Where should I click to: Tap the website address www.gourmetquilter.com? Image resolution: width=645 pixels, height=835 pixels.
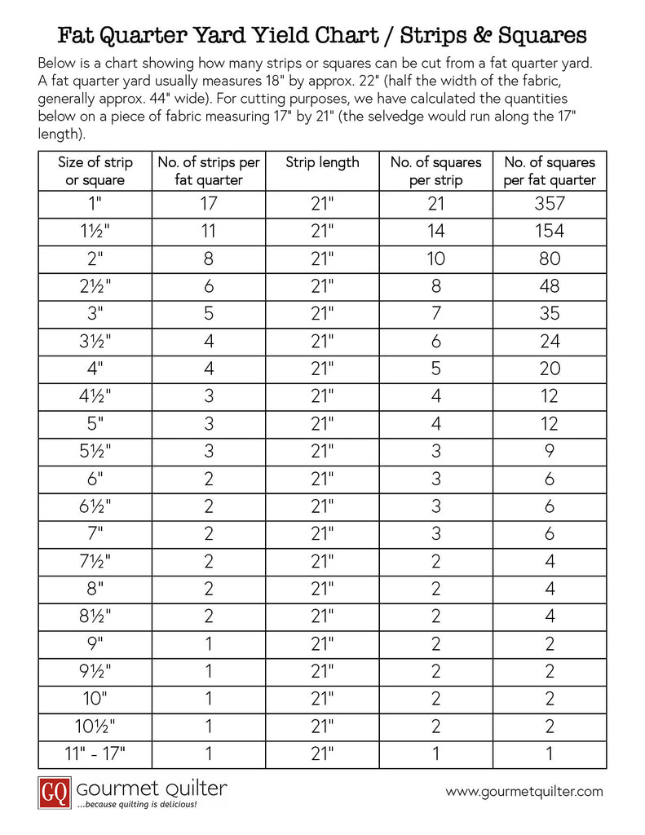pyautogui.click(x=524, y=791)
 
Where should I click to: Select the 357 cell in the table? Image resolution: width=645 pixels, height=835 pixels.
pyautogui.click(x=550, y=203)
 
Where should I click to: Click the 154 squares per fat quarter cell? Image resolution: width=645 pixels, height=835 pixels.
pyautogui.click(x=550, y=231)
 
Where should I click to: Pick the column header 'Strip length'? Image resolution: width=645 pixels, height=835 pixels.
pyautogui.click(x=322, y=162)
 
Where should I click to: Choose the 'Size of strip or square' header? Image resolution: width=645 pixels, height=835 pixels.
pyautogui.click(x=95, y=171)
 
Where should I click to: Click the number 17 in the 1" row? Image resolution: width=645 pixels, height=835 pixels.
pyautogui.click(x=208, y=203)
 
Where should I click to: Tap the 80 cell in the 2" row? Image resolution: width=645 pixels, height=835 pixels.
pyautogui.click(x=550, y=258)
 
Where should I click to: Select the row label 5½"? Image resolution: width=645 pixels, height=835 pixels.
pyautogui.click(x=95, y=451)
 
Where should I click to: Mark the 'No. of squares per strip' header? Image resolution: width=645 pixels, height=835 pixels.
pyautogui.click(x=435, y=171)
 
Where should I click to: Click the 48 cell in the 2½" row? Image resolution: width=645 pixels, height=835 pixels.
pyautogui.click(x=550, y=286)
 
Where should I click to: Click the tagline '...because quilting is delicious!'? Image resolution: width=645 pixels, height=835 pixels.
pyautogui.click(x=136, y=804)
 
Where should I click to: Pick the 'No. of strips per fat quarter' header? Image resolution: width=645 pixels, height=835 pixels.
pyautogui.click(x=208, y=171)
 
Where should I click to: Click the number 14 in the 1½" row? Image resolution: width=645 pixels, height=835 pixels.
pyautogui.click(x=435, y=231)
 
